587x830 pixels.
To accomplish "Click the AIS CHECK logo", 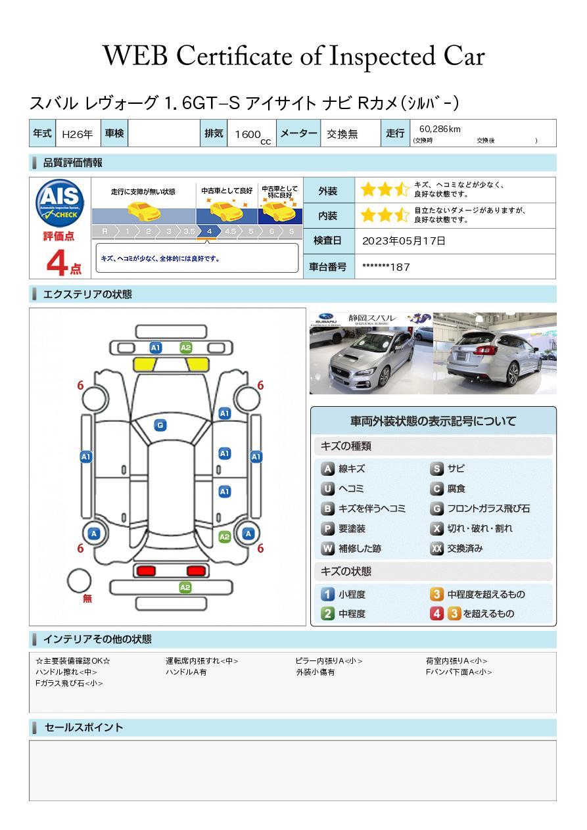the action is pos(60,203).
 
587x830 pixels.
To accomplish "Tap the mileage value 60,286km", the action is pos(440,129).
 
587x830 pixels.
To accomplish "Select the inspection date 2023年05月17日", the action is pos(404,241).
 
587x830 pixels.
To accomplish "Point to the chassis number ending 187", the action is pos(386,267).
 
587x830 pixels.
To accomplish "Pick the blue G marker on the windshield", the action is pos(160,425).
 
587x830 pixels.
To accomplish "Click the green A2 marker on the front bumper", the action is pos(185,348).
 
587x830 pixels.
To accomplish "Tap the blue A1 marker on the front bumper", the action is pos(156,348).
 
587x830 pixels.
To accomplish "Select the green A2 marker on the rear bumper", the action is pos(185,588).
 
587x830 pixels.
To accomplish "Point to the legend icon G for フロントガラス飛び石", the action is pos(437,509).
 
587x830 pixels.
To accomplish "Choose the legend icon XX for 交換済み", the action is pos(437,548).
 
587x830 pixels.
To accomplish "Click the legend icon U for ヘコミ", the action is pos(327,489).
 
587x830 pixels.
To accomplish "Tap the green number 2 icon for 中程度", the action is pos(327,614).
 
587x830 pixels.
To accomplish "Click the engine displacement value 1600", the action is pos(248,135).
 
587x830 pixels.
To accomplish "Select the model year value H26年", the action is pos(78,135).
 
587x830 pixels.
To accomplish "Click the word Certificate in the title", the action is pos(234,56).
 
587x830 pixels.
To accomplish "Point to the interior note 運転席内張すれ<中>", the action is pos(202,660).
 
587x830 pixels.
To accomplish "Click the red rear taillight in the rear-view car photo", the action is pos(484,350).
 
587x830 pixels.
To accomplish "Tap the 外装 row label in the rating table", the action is pos(327,191).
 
